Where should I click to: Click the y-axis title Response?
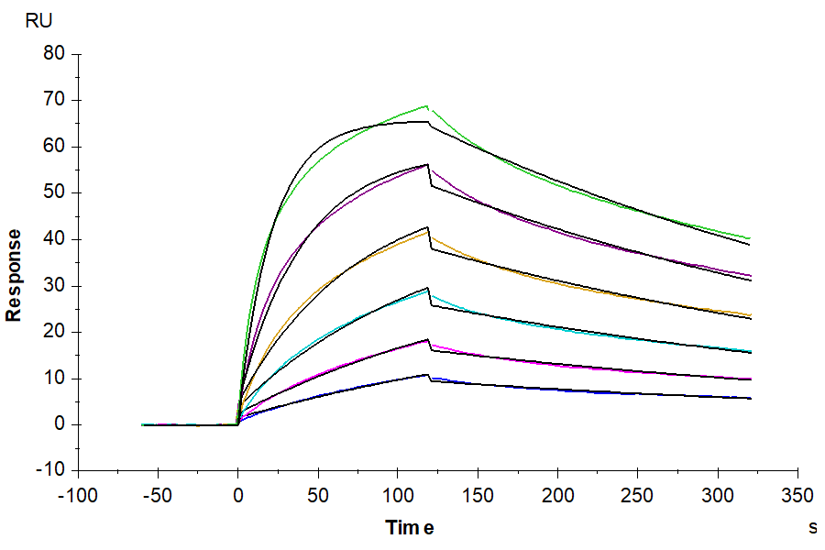click(x=14, y=275)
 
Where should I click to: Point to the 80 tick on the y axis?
click(x=54, y=54)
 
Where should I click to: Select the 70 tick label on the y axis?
click(x=54, y=101)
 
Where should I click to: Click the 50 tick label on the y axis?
click(x=54, y=193)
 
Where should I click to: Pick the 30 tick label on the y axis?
click(x=54, y=286)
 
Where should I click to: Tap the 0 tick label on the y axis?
click(x=60, y=424)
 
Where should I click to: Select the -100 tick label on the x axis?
click(x=78, y=497)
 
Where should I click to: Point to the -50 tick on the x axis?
click(x=158, y=497)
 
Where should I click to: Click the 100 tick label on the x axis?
click(x=397, y=497)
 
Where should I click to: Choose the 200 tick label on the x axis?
click(x=557, y=497)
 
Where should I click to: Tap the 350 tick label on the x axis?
click(x=797, y=497)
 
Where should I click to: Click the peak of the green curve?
click(x=427, y=106)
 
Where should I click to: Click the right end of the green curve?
click(x=749, y=238)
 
